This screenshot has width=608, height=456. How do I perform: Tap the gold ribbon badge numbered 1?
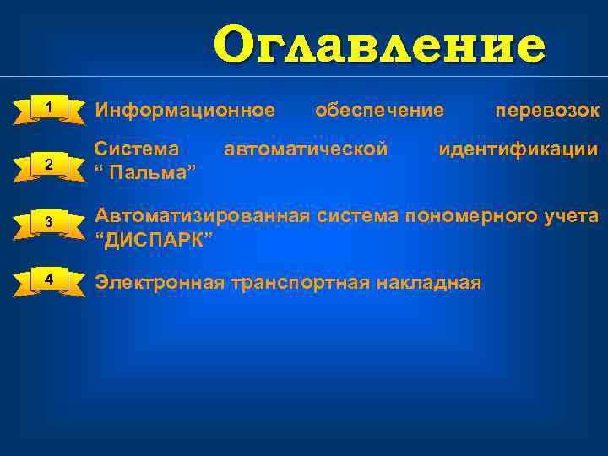click(x=50, y=109)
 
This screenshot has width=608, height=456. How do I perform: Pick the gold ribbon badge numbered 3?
click(x=50, y=221)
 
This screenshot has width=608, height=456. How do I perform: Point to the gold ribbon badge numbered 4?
click(x=50, y=280)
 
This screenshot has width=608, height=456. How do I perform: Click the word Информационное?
click(x=185, y=110)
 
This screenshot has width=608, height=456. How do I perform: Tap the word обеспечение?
click(x=379, y=110)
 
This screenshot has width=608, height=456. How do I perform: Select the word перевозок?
click(x=547, y=110)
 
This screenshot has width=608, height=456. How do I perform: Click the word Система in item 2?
click(x=136, y=149)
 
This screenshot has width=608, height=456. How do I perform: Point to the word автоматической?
click(x=307, y=149)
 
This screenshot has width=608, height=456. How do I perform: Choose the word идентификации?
click(x=518, y=149)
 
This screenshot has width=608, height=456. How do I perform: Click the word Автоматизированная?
click(x=203, y=215)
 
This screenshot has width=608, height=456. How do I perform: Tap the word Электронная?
click(x=160, y=282)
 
